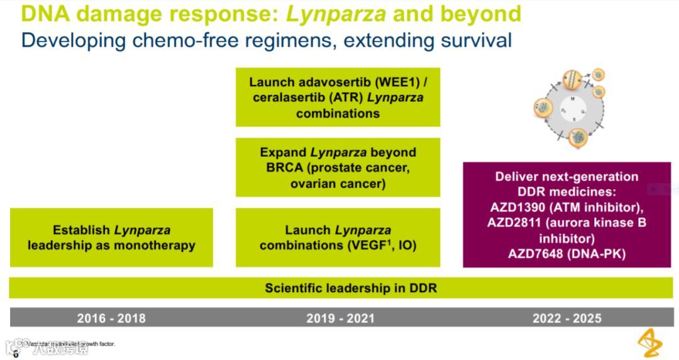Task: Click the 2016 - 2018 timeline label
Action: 111,318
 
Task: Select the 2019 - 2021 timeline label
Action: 340,318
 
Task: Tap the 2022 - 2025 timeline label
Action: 566,318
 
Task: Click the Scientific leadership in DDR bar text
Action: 350,288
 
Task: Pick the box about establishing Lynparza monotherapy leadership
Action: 111,237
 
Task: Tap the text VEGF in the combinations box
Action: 363,245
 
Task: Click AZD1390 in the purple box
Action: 519,207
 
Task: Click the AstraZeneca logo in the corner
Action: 650,342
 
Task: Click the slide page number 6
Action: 16,354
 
